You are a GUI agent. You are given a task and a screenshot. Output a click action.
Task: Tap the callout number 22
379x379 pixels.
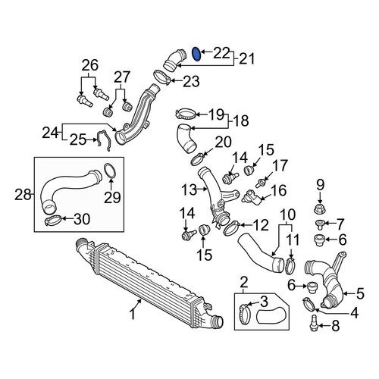[221, 53]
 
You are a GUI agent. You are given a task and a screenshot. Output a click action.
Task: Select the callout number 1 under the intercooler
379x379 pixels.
[133, 315]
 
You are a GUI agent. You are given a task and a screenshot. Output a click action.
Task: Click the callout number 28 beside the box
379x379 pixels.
[23, 195]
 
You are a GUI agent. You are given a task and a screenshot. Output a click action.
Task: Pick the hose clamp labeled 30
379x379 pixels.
[53, 220]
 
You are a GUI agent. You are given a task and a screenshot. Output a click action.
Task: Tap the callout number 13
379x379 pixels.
[189, 189]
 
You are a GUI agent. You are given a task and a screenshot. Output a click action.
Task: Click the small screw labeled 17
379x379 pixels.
[260, 183]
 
